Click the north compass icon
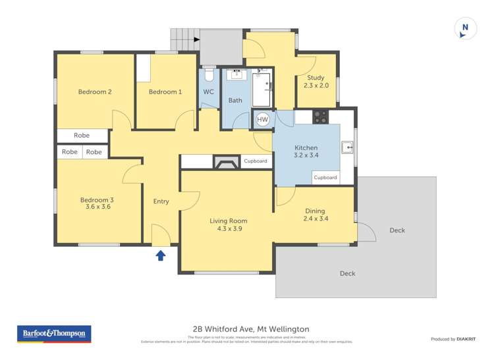pyautogui.click(x=465, y=28)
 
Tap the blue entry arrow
pyautogui.click(x=160, y=255)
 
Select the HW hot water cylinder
pyautogui.click(x=263, y=120)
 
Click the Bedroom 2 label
pyautogui.click(x=94, y=92)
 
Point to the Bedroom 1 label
pyautogui.click(x=165, y=92)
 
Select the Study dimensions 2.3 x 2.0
pyautogui.click(x=316, y=86)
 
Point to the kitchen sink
pyautogui.click(x=347, y=147)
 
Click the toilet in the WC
pyautogui.click(x=209, y=74)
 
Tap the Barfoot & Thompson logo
pyautogui.click(x=54, y=334)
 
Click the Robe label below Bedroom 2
pyautogui.click(x=82, y=136)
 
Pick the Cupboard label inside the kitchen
pyautogui.click(x=325, y=178)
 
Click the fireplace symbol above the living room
pyautogui.click(x=227, y=163)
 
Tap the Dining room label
pyautogui.click(x=315, y=211)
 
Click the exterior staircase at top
pyautogui.click(x=185, y=39)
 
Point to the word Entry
pyautogui.click(x=161, y=201)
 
